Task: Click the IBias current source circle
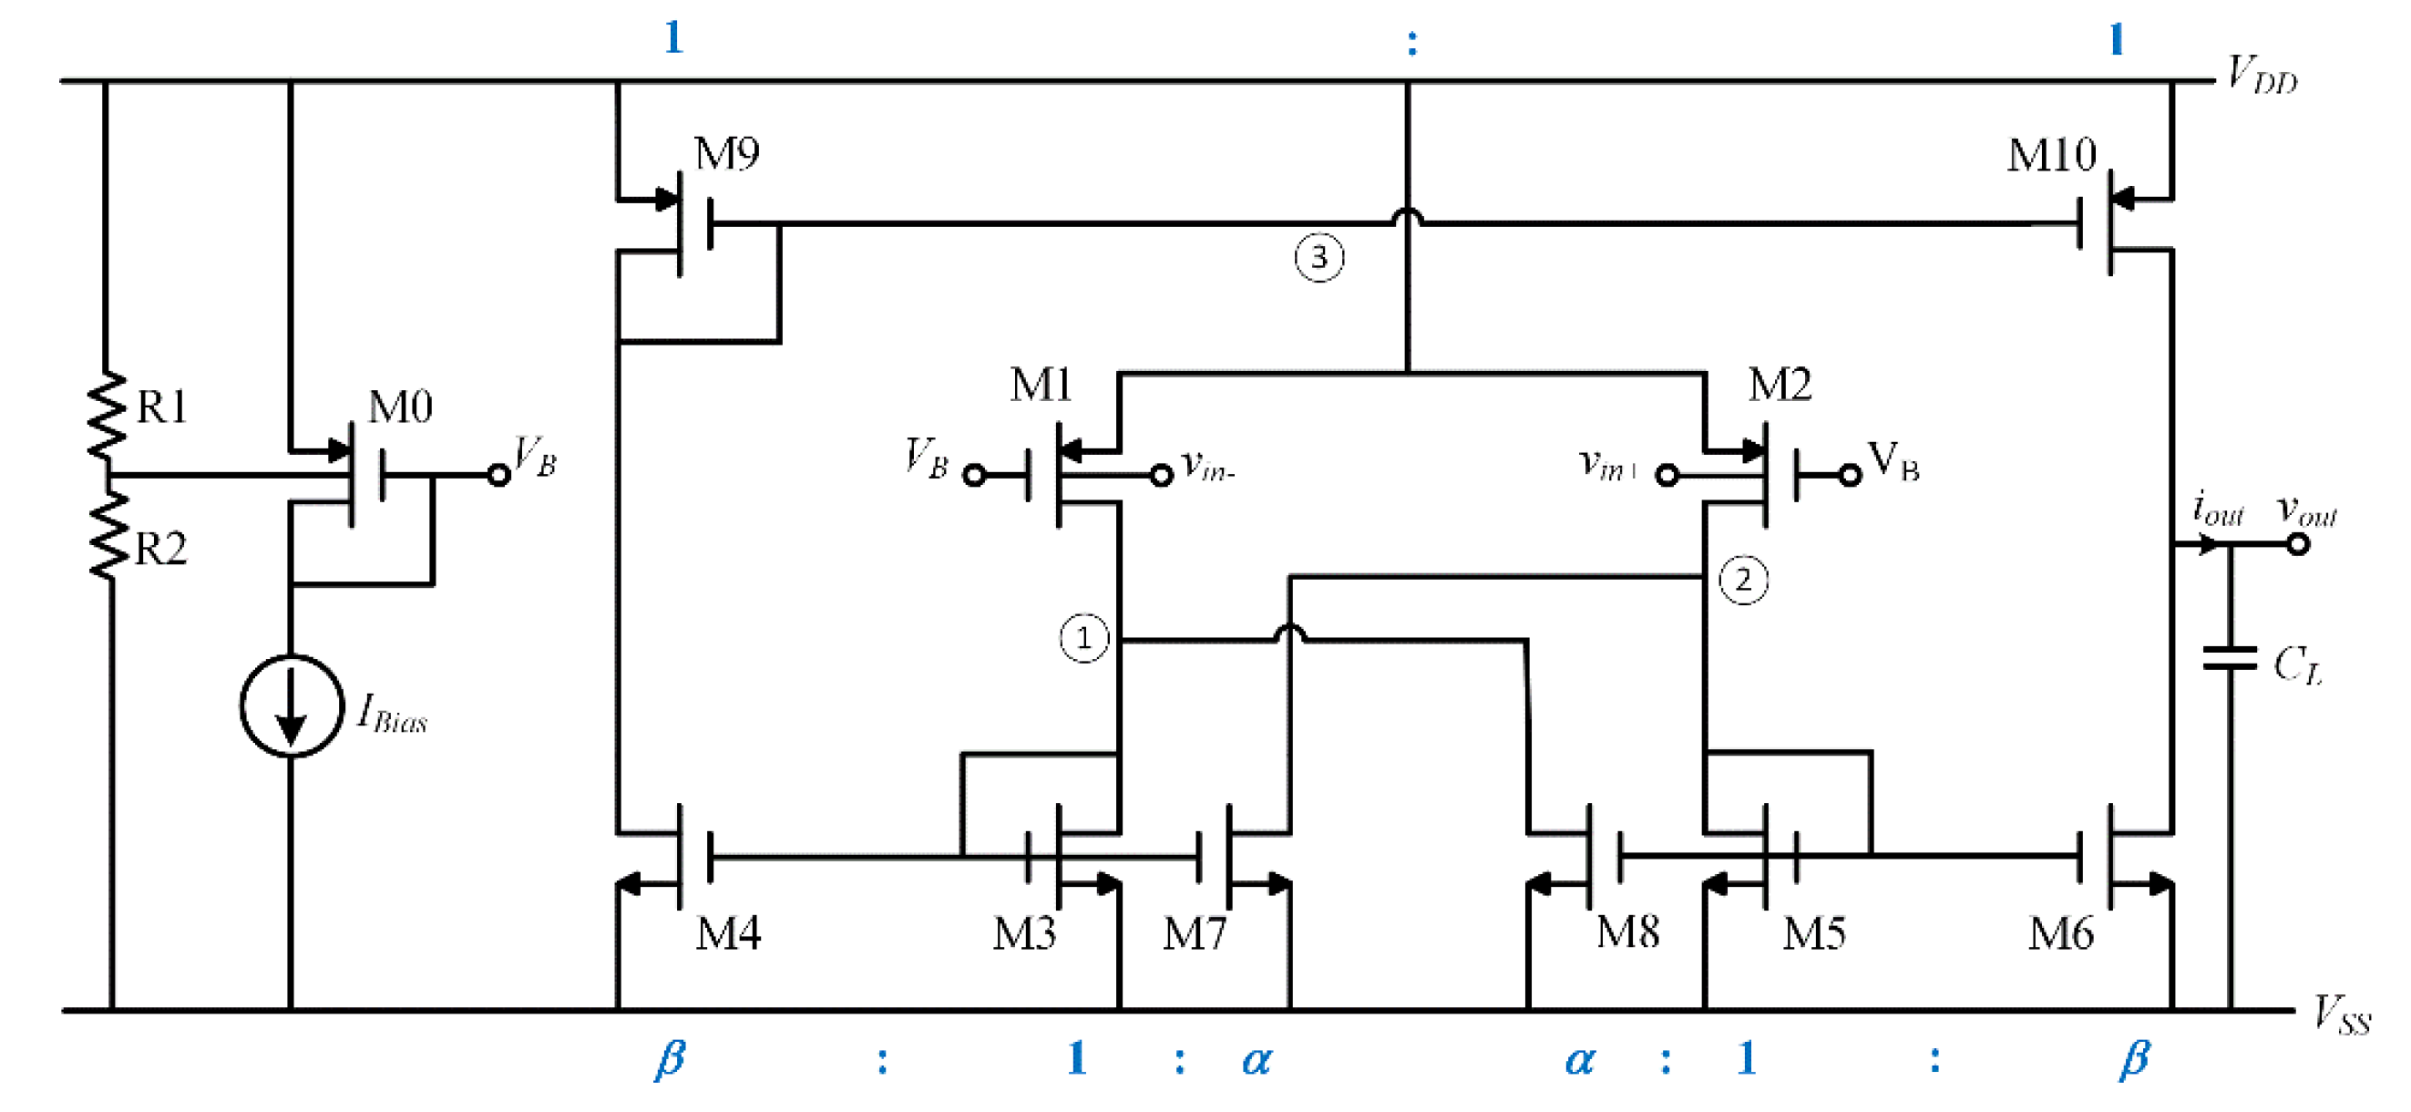(x=291, y=706)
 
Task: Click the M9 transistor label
(x=726, y=154)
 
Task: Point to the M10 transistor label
(x=2051, y=155)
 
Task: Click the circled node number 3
(x=1318, y=257)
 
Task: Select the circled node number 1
(x=1083, y=638)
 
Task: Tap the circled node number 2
(x=1743, y=581)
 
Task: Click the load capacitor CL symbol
(x=2231, y=659)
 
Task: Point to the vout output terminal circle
(x=2298, y=544)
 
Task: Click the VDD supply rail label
(x=2262, y=75)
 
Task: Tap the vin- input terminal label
(x=1208, y=465)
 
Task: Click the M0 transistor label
(x=401, y=408)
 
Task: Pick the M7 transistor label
(x=1195, y=934)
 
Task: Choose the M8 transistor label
(x=1627, y=932)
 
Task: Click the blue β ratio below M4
(x=669, y=1058)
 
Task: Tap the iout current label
(x=2217, y=510)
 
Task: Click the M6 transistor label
(x=2060, y=934)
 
